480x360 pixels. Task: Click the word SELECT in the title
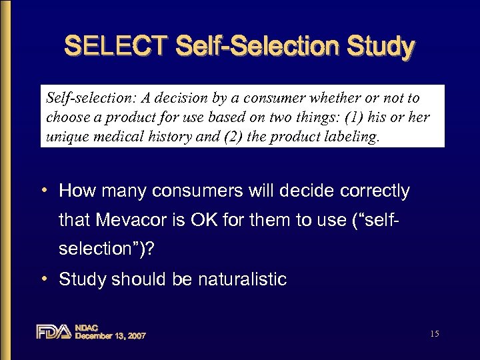(115, 47)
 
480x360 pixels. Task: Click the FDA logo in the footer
(53, 331)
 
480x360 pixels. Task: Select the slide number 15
(435, 333)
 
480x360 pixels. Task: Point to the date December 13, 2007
(110, 336)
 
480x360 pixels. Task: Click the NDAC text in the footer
(87, 327)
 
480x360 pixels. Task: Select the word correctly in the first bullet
(373, 191)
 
